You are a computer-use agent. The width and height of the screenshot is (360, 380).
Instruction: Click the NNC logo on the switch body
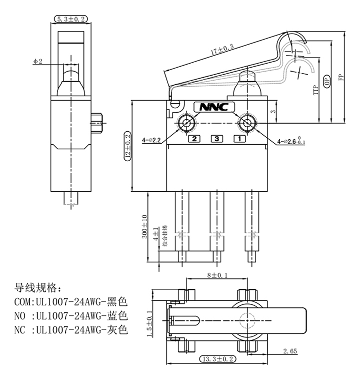[213, 107]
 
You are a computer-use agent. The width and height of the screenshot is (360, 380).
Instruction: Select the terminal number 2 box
[193, 139]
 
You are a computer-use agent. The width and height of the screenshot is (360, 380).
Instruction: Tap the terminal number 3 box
[216, 139]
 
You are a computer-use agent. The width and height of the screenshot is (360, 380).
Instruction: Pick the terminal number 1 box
[240, 139]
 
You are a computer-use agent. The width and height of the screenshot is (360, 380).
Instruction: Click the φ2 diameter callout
[38, 61]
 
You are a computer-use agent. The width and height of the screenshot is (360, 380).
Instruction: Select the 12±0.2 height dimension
[127, 146]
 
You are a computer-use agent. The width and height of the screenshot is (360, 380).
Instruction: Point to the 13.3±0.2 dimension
[217, 359]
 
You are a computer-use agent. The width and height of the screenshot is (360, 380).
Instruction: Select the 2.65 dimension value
[289, 351]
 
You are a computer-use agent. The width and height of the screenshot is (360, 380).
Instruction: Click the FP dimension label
[341, 78]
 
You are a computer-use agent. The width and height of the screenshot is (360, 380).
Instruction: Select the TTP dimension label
[315, 90]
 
